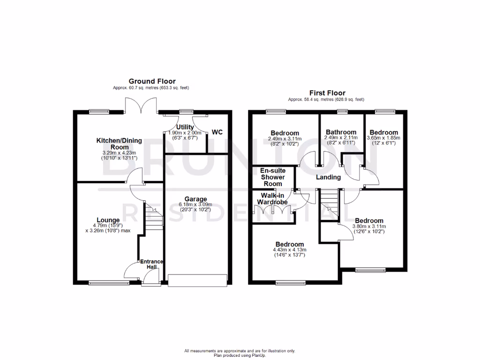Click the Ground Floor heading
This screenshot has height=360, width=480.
[x=152, y=82]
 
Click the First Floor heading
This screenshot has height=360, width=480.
[x=326, y=93]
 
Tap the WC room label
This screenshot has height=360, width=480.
[x=217, y=133]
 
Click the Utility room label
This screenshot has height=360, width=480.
[x=185, y=127]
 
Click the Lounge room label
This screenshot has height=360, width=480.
[x=108, y=220]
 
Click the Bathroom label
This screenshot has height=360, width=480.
[x=341, y=132]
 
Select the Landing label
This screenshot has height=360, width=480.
[x=328, y=177]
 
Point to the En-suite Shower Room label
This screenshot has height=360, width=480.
[x=273, y=177]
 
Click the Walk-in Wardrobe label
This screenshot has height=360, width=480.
[x=272, y=199]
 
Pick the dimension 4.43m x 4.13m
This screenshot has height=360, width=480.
[x=289, y=250]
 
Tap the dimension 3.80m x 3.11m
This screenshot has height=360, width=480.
[x=369, y=226]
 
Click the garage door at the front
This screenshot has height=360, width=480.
[x=197, y=280]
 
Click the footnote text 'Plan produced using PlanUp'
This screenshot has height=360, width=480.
[x=240, y=355]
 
